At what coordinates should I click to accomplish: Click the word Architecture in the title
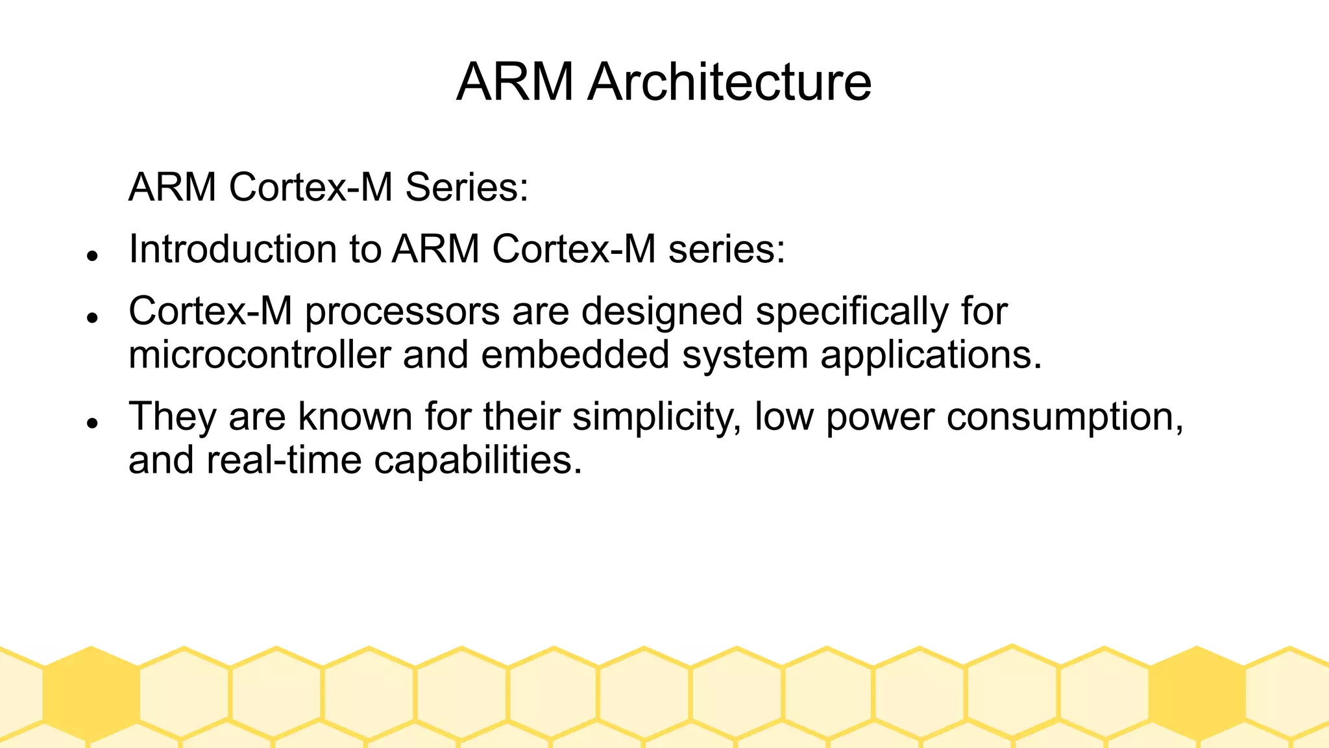[x=729, y=82]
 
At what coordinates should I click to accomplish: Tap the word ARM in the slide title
[x=515, y=82]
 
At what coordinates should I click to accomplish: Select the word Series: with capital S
[x=467, y=187]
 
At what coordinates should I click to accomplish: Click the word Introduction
[x=232, y=249]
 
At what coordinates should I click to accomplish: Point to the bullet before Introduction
[x=92, y=256]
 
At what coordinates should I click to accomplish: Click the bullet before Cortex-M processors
[x=92, y=318]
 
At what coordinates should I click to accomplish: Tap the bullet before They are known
[x=92, y=423]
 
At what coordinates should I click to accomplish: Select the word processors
[x=402, y=312]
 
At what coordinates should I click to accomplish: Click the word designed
[x=662, y=311]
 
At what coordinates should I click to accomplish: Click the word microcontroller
[x=260, y=355]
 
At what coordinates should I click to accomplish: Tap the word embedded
[x=575, y=355]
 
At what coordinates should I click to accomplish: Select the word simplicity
[x=656, y=417]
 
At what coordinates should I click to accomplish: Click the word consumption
[x=1064, y=417]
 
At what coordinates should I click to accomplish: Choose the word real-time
[x=284, y=460]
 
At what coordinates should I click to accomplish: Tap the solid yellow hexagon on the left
[x=91, y=693]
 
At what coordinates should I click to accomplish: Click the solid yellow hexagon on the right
[x=1197, y=693]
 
